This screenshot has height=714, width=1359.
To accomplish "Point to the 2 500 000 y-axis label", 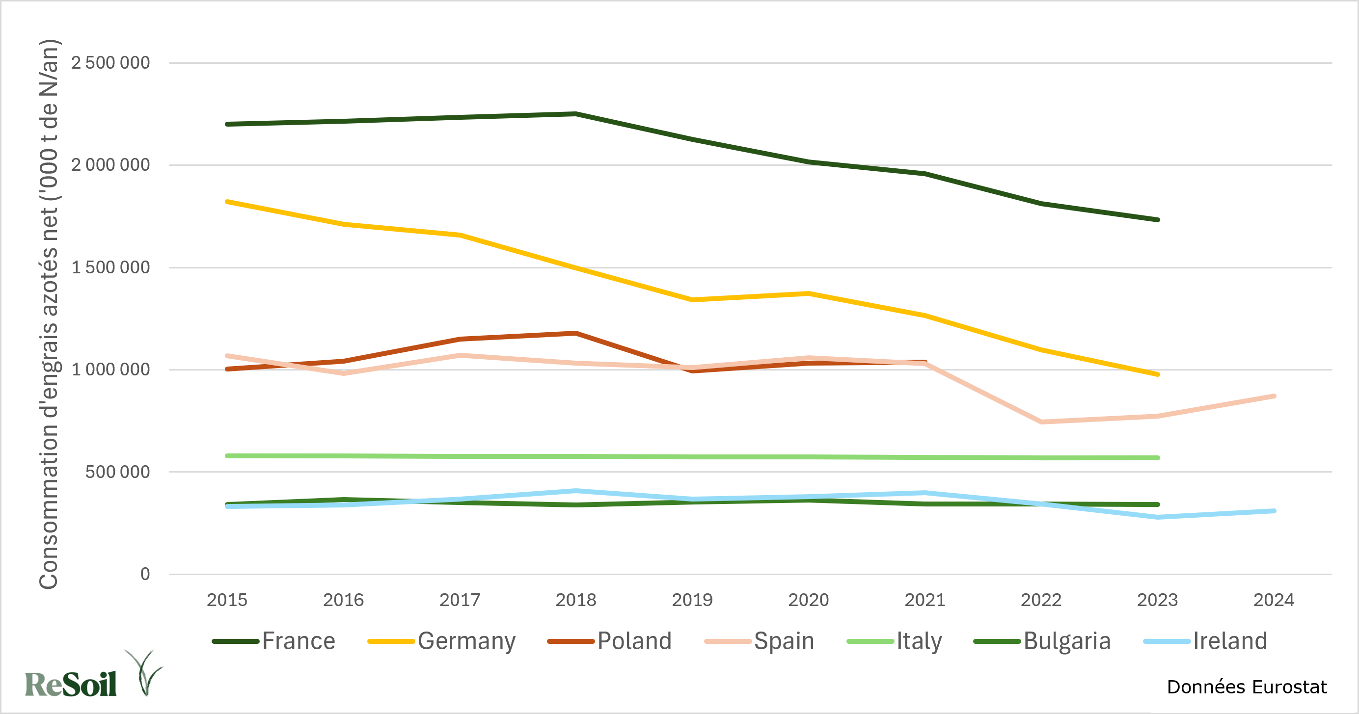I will (110, 63).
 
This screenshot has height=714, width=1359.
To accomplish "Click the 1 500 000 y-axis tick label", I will (110, 267).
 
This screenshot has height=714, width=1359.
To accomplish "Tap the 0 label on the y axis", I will (145, 574).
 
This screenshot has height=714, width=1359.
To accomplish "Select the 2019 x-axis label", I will (692, 600).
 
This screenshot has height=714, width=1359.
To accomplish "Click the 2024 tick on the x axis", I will (1274, 600).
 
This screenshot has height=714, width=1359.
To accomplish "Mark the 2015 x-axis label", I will (227, 600).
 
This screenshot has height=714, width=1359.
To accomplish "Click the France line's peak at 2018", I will (575, 113).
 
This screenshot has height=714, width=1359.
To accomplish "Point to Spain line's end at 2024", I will (1274, 396).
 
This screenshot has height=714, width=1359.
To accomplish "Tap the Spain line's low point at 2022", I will (1041, 422).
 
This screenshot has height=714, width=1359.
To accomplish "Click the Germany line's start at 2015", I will (227, 201).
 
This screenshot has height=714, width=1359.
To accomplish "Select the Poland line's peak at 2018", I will (575, 333).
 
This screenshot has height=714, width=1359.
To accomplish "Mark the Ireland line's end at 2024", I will (1274, 511).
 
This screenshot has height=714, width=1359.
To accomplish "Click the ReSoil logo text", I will (71, 685).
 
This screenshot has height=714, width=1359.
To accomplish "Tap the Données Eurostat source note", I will (1247, 687).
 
